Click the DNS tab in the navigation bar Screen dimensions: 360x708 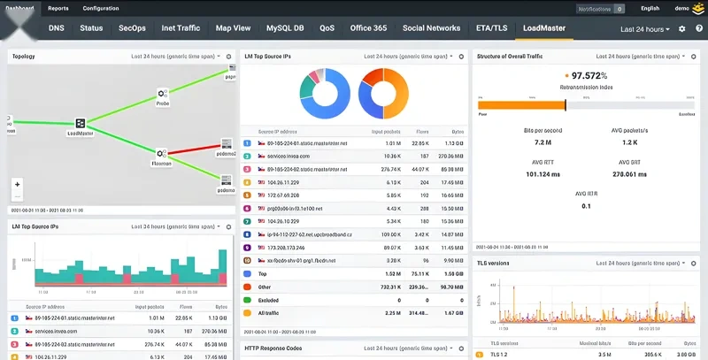[x=57, y=28]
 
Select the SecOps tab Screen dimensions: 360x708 [x=133, y=28]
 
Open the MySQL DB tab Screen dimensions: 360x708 [x=284, y=28]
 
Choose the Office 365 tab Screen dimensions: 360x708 [x=368, y=28]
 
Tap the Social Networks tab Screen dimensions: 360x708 [x=431, y=28]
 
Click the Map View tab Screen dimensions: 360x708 [x=233, y=28]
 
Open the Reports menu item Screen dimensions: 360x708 [x=58, y=8]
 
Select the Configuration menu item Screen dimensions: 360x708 [x=101, y=8]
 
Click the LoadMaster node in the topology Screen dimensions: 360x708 [x=80, y=124]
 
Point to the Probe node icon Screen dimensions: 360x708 [x=163, y=93]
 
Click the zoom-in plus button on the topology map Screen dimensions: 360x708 [x=17, y=184]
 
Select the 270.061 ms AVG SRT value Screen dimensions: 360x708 [x=630, y=173]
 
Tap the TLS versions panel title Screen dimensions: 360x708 [x=494, y=264]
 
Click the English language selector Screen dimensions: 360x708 [x=650, y=8]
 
